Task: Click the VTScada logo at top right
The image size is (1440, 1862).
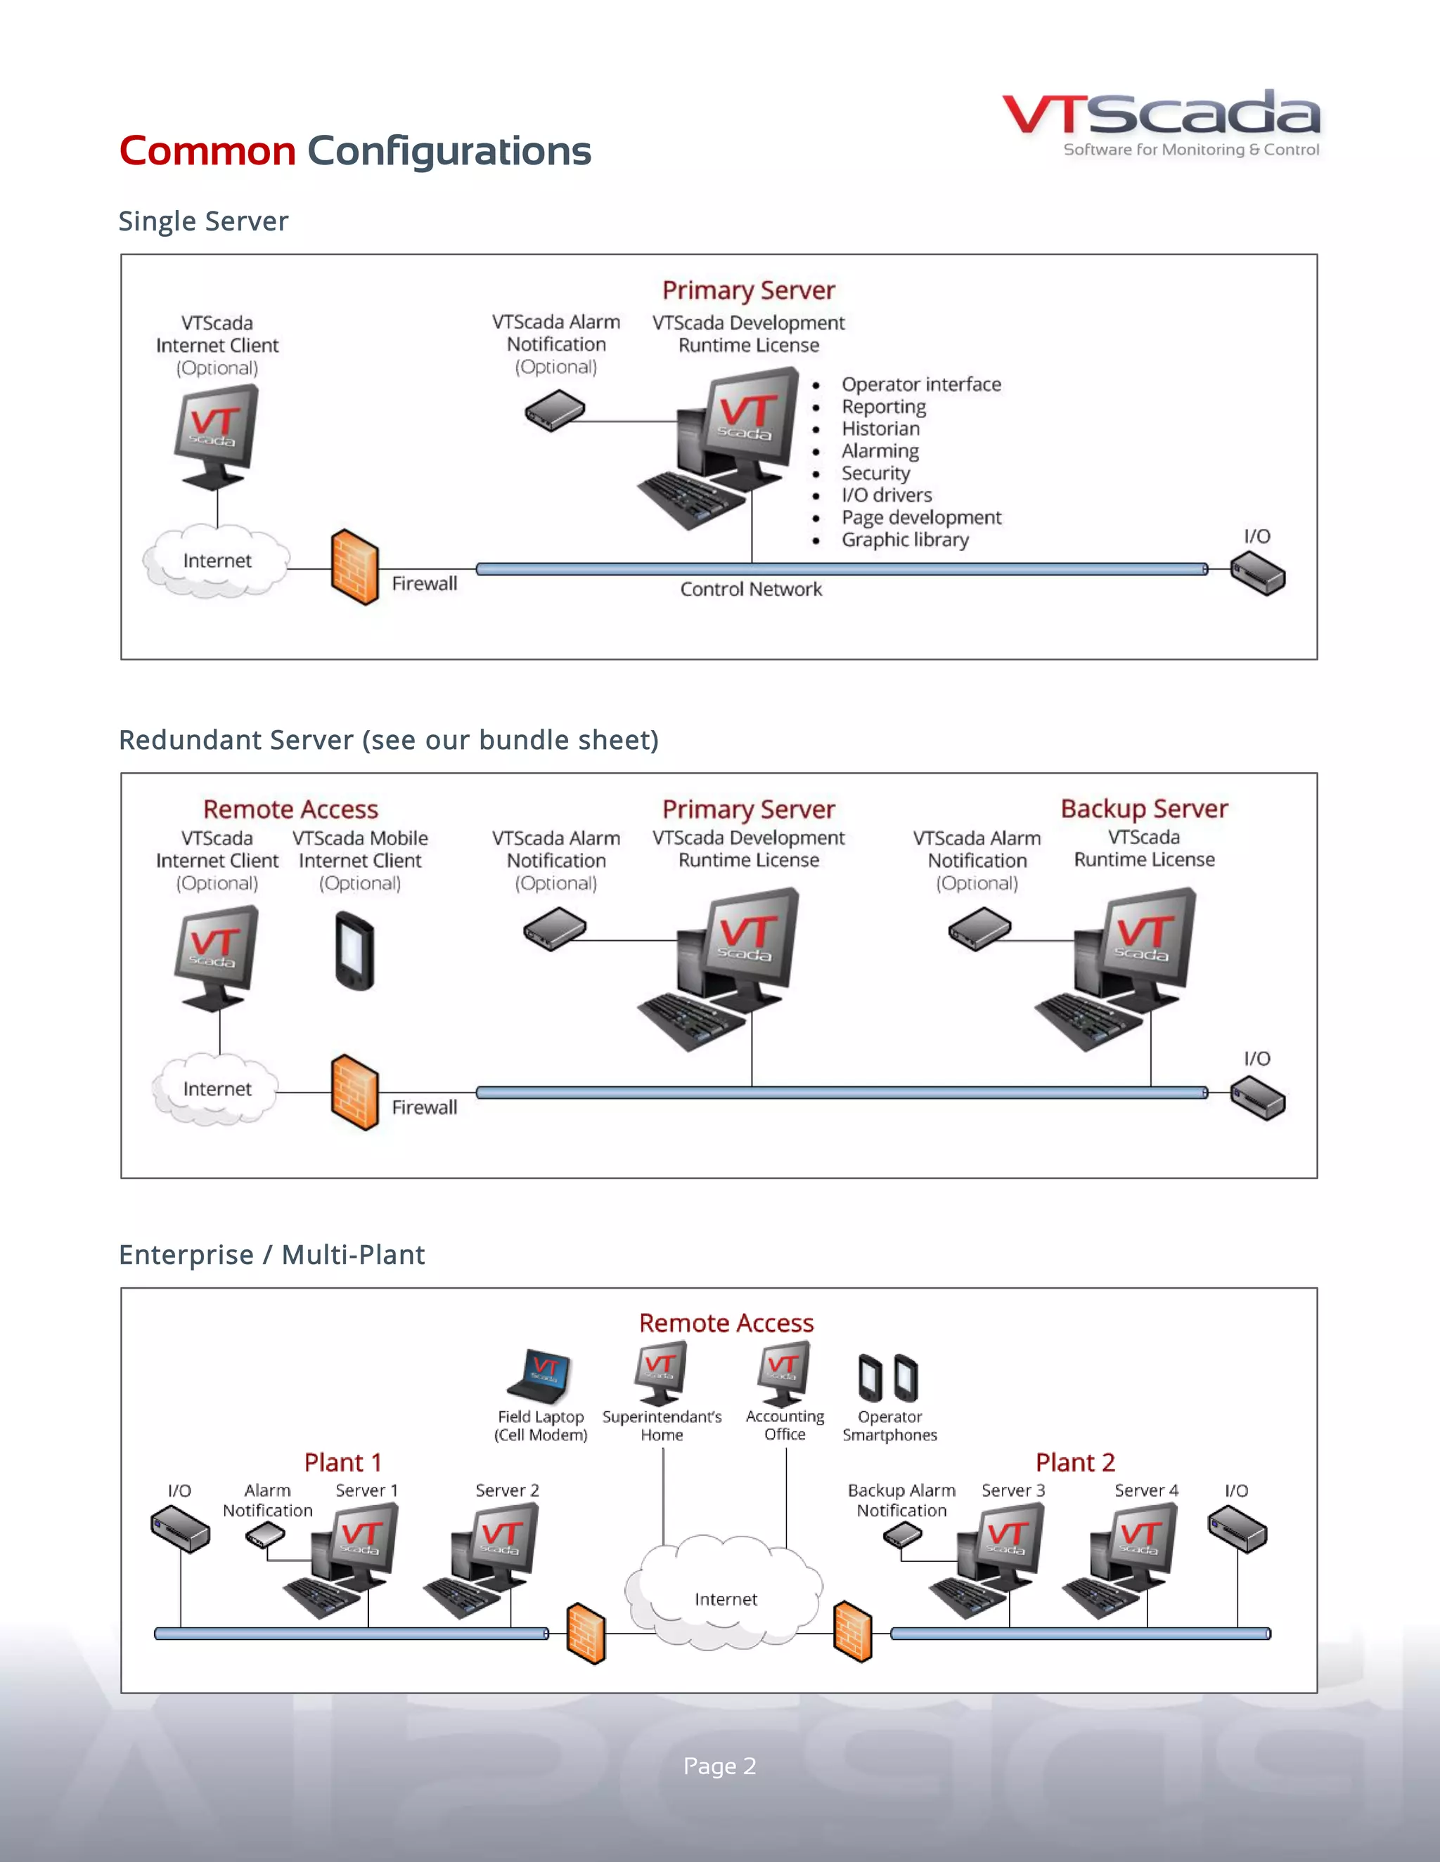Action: (1160, 124)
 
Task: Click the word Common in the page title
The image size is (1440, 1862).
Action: (207, 151)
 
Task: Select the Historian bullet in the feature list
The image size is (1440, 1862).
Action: (880, 429)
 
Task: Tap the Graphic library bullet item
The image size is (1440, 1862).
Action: (904, 540)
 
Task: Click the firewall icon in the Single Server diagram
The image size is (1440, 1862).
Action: (354, 568)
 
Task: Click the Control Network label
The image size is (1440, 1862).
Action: (751, 589)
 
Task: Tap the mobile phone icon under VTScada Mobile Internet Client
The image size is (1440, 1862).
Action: (355, 951)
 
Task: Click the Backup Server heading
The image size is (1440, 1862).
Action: (1144, 808)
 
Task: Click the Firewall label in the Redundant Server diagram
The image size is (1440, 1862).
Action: (424, 1107)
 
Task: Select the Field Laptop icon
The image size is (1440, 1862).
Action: (539, 1376)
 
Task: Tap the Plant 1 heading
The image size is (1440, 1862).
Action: (342, 1463)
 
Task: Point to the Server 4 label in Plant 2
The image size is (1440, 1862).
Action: (1145, 1490)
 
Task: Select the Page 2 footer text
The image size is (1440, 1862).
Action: (719, 1766)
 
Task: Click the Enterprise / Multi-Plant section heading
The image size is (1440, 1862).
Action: (271, 1255)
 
